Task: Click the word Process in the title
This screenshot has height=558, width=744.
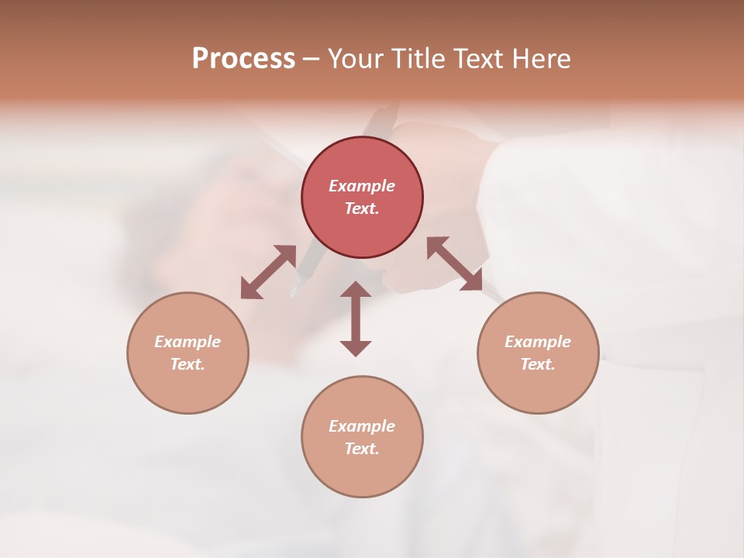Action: (x=243, y=59)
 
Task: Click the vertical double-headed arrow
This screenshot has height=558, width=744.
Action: (x=356, y=319)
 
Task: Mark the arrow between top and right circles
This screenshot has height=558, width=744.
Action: (x=454, y=263)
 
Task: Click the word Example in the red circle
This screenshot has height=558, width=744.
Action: (x=362, y=186)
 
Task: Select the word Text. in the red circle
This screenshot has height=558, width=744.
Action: (x=362, y=208)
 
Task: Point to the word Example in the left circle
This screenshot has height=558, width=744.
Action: (x=188, y=342)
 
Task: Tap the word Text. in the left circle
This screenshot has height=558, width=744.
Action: (x=188, y=364)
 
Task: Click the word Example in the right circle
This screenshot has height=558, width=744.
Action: (x=538, y=342)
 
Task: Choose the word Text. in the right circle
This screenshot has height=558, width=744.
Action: (x=538, y=364)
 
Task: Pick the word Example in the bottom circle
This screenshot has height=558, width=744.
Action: (x=362, y=426)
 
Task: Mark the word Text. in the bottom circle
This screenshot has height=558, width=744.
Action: (x=362, y=449)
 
